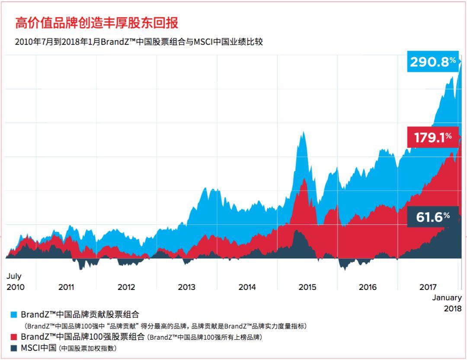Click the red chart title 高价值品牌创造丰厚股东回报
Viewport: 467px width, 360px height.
(x=96, y=23)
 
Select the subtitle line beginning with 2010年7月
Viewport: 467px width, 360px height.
(x=139, y=42)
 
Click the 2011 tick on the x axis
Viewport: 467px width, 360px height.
(x=66, y=287)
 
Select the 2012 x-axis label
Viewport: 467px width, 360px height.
(x=126, y=287)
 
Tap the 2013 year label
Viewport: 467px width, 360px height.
(x=187, y=287)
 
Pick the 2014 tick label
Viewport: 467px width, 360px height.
(x=247, y=287)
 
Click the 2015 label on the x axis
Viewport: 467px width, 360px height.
(x=307, y=287)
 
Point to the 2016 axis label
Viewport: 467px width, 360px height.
(x=368, y=287)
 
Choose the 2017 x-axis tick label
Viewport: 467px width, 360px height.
(x=428, y=287)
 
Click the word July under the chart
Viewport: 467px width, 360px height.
(x=14, y=276)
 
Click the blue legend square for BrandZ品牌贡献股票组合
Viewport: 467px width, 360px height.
(x=13, y=315)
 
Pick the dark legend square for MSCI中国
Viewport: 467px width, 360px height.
(x=13, y=348)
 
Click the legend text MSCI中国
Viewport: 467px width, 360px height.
(x=39, y=348)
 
